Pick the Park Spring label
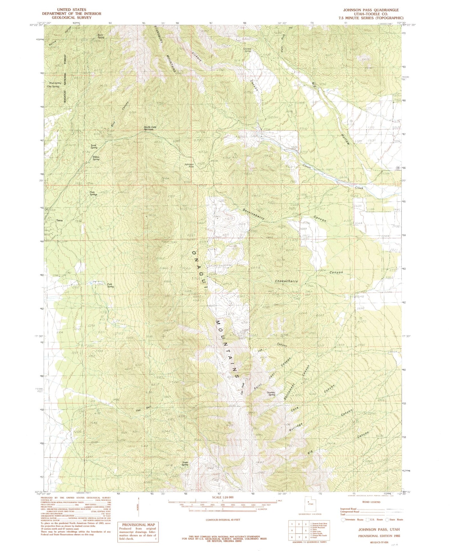pos(110,285)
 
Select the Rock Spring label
pos(101,36)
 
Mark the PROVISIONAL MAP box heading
pos(137,524)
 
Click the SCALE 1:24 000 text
pos(222,497)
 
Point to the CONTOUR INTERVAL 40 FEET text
pos(222,520)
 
